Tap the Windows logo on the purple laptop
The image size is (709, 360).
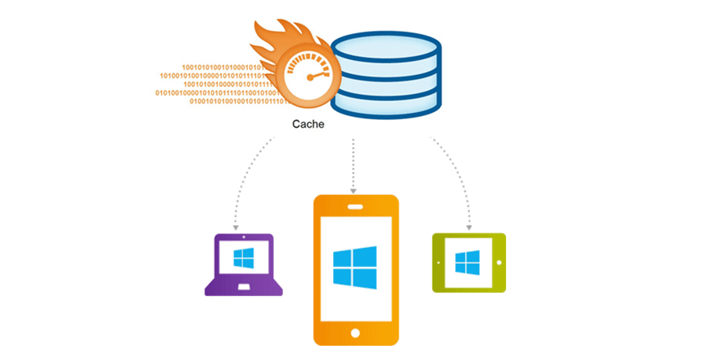[243, 257]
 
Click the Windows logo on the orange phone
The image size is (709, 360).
[354, 266]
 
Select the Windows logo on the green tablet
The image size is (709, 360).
[468, 262]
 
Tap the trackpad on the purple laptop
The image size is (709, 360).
[243, 286]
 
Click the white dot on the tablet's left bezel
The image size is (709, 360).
[438, 262]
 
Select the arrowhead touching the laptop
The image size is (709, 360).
[236, 227]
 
